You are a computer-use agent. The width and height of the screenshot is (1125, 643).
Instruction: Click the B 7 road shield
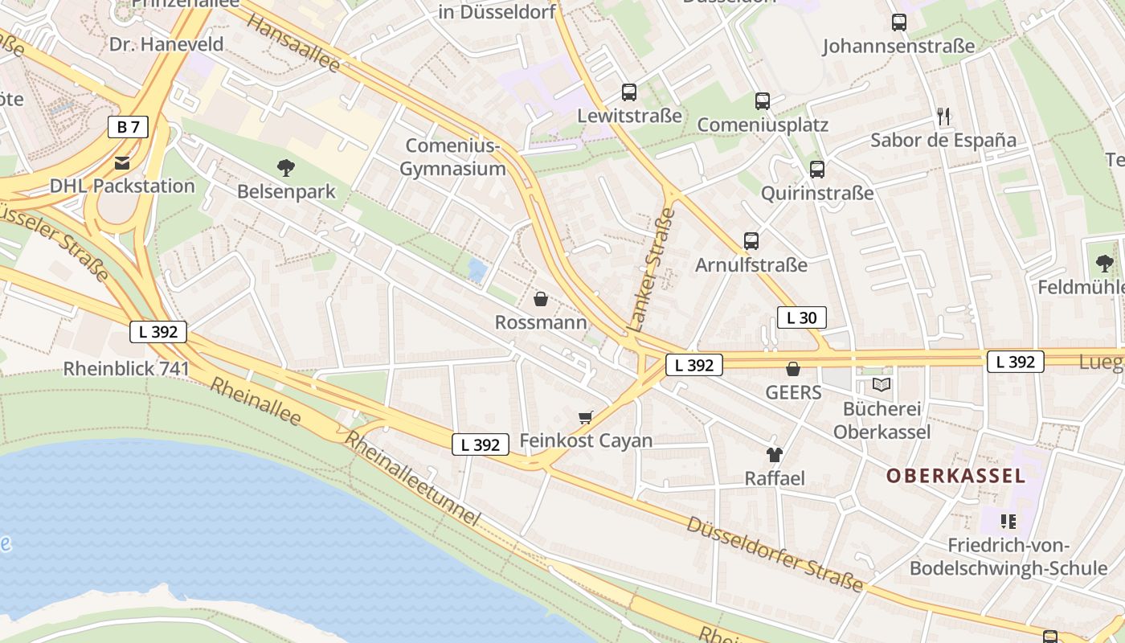click(x=129, y=127)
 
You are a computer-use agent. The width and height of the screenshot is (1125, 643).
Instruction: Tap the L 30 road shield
click(x=801, y=317)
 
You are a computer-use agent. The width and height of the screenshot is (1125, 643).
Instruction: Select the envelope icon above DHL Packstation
click(x=122, y=163)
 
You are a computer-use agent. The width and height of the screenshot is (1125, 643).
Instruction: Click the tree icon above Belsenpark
click(x=285, y=168)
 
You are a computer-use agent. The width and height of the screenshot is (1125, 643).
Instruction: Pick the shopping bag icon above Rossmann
click(x=541, y=299)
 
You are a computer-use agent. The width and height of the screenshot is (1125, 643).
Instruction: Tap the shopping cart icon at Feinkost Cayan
click(x=586, y=417)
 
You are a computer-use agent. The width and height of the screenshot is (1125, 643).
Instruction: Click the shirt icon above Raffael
click(x=774, y=455)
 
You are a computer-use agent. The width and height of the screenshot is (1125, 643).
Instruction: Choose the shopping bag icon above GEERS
click(x=793, y=369)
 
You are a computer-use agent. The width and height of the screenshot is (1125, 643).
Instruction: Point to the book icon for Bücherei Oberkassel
click(x=882, y=385)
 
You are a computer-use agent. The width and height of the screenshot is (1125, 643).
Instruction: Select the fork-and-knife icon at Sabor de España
click(x=943, y=117)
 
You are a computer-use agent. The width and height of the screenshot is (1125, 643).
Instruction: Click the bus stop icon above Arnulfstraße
click(x=751, y=240)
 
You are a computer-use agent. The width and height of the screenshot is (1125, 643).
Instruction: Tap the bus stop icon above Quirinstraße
click(x=817, y=170)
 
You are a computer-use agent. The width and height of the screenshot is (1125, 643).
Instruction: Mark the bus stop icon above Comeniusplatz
click(x=762, y=101)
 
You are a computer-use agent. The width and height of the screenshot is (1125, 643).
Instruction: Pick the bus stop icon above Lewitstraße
click(x=629, y=92)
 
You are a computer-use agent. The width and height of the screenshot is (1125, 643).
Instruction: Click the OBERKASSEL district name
click(x=955, y=476)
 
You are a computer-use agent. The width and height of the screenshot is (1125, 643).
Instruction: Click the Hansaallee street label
click(x=293, y=43)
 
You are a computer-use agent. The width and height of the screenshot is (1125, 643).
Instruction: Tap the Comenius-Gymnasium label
click(x=453, y=158)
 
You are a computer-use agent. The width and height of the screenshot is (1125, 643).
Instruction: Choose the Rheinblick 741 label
click(x=126, y=369)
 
